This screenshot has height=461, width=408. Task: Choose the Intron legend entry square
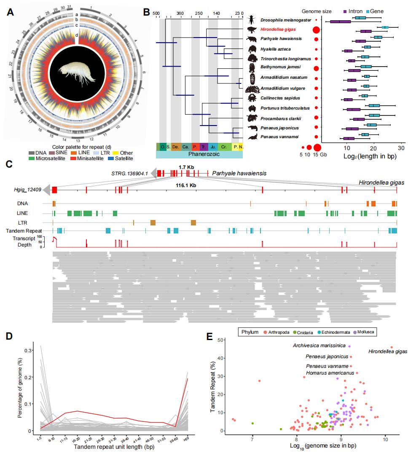pos(345,11)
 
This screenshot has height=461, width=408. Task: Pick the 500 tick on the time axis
pos(156,13)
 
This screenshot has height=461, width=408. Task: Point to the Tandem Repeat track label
pos(26,230)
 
